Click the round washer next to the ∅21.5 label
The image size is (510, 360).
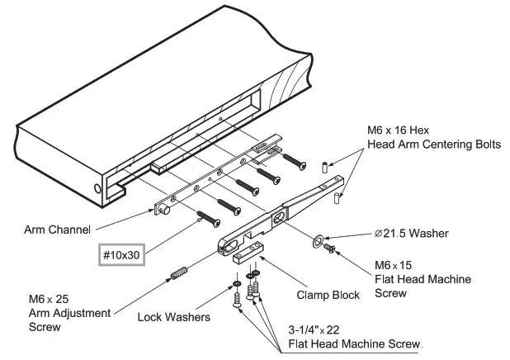319,242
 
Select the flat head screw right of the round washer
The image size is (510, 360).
331,246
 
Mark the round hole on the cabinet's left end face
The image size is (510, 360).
99,189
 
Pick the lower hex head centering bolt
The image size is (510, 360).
338,197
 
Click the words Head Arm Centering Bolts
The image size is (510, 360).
434,144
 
